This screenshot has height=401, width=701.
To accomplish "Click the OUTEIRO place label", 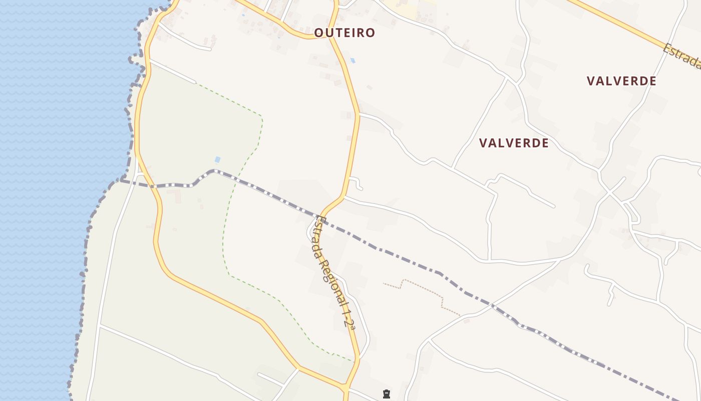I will pyautogui.click(x=344, y=33).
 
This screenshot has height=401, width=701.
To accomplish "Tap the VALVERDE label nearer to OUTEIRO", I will pyautogui.click(x=514, y=143).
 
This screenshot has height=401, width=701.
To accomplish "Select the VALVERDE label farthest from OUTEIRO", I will pyautogui.click(x=621, y=81).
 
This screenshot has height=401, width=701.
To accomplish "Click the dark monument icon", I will pyautogui.click(x=386, y=394).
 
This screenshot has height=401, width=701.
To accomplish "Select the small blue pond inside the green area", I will pyautogui.click(x=217, y=159).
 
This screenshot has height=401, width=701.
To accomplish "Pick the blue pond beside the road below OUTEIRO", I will pyautogui.click(x=353, y=61).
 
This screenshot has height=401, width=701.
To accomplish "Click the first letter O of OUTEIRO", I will pyautogui.click(x=318, y=33).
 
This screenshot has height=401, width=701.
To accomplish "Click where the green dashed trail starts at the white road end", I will pyautogui.click(x=196, y=83).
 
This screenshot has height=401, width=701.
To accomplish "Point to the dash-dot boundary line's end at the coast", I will pyautogui.click(x=120, y=180).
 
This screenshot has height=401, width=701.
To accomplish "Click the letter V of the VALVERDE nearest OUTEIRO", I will pyautogui.click(x=483, y=143).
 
